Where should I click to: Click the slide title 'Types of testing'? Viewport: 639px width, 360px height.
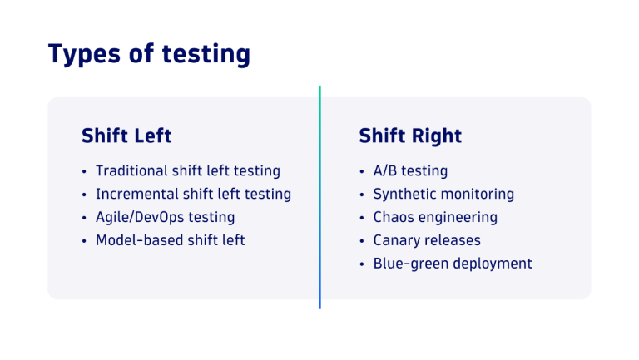(149, 54)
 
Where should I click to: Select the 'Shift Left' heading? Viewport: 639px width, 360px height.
(126, 136)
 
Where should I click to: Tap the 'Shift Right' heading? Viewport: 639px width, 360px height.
(410, 136)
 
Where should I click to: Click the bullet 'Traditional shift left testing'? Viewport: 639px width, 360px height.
(187, 171)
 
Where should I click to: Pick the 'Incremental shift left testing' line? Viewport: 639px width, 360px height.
(193, 195)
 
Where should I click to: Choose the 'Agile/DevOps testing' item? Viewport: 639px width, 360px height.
(165, 218)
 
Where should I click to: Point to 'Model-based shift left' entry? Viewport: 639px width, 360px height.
(170, 241)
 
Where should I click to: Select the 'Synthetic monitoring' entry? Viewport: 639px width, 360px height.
(443, 195)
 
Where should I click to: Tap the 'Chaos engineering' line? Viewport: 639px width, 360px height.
(435, 218)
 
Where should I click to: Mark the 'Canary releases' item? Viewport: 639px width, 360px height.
(427, 241)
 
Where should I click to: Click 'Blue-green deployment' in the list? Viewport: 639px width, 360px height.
(452, 264)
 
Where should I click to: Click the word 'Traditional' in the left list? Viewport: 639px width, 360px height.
(131, 171)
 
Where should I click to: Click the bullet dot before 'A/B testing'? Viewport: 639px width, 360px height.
(362, 172)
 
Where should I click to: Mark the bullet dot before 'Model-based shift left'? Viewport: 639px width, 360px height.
(84, 242)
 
